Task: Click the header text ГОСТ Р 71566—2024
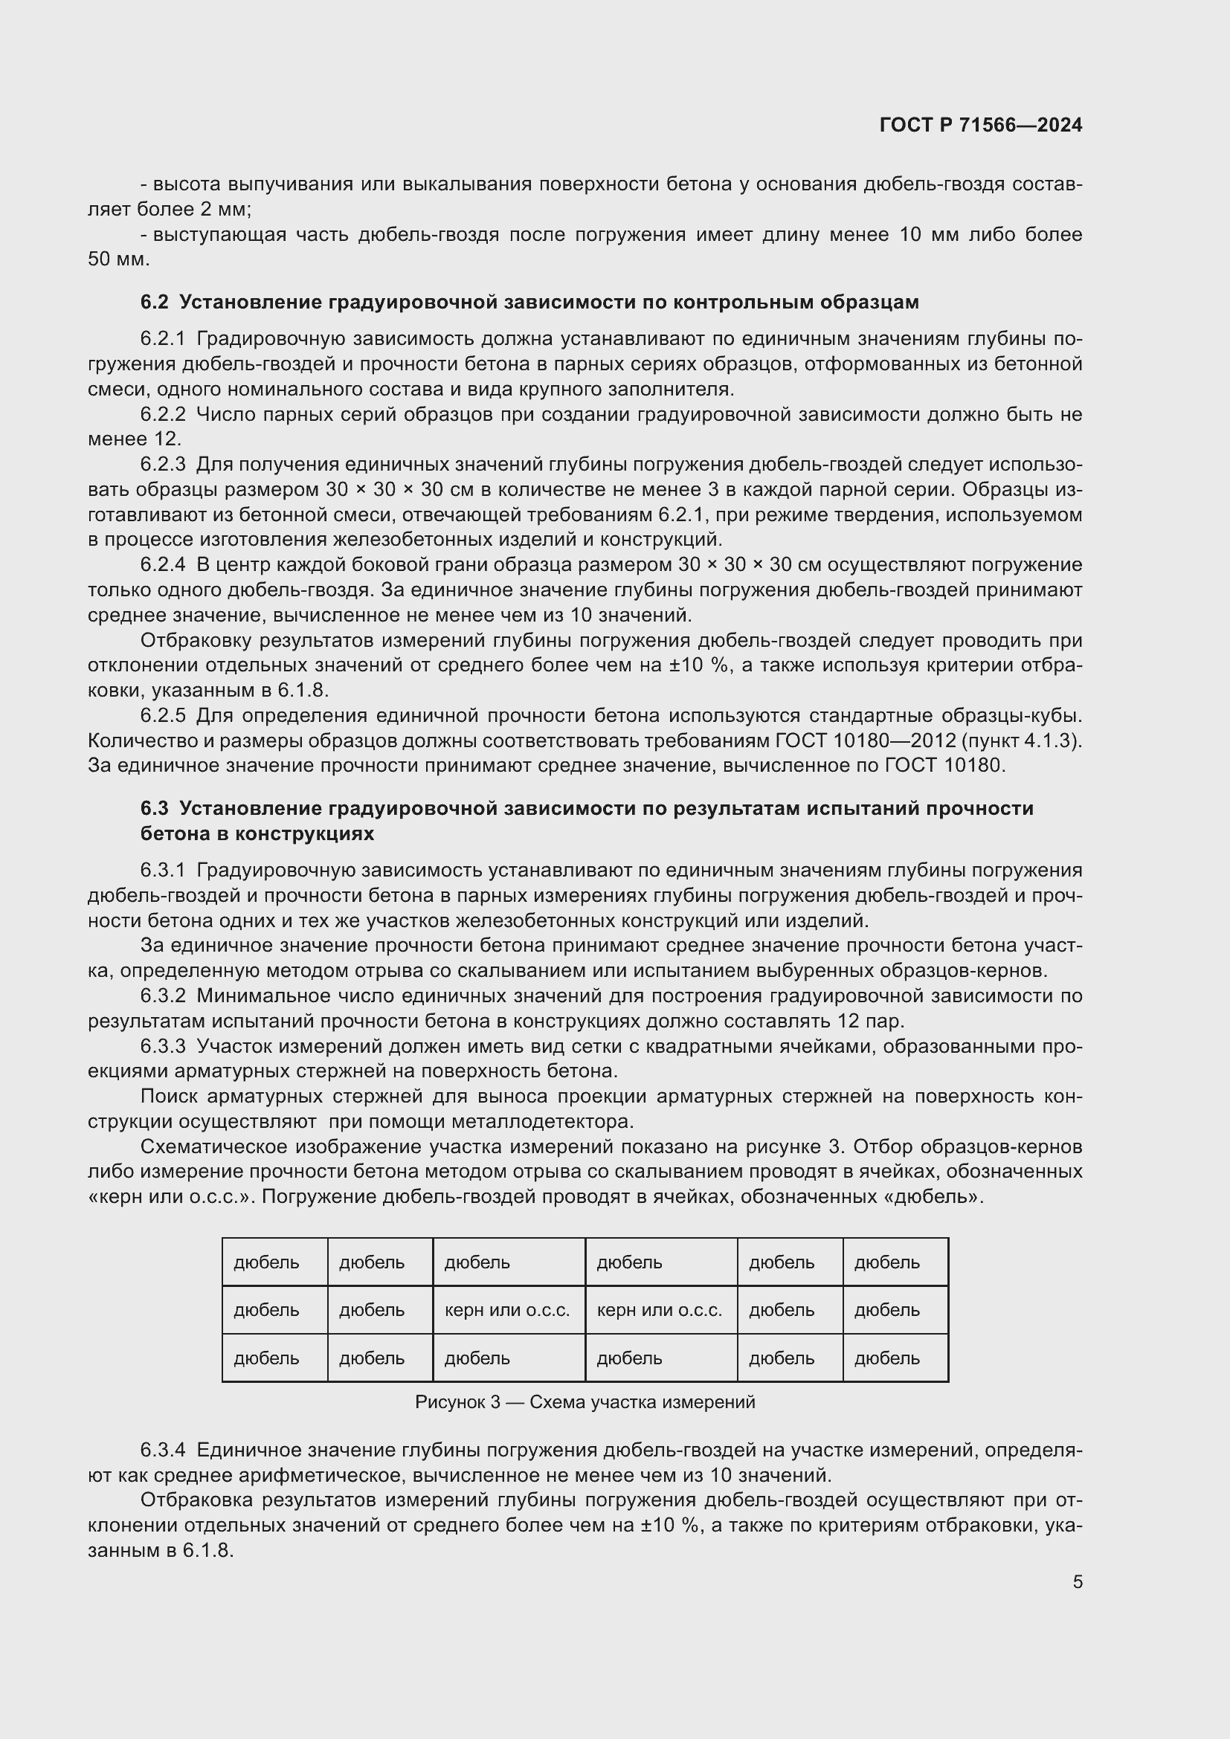[x=981, y=125]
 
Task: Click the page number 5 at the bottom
[x=1077, y=1582]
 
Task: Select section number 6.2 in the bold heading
[x=154, y=302]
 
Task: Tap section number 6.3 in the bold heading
[x=154, y=808]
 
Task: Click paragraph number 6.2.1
[x=162, y=338]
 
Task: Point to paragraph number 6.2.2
[x=162, y=414]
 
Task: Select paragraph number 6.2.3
[x=162, y=464]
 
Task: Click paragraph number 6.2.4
[x=162, y=565]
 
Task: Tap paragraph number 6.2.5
[x=162, y=716]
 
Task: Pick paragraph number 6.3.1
[x=162, y=871]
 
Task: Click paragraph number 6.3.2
[x=162, y=996]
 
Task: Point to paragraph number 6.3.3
[x=162, y=1047]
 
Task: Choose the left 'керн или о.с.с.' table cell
[x=508, y=1310]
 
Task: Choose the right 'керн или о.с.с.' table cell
[x=660, y=1310]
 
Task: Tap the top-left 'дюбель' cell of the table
[x=274, y=1262]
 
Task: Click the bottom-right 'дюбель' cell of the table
[x=895, y=1359]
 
